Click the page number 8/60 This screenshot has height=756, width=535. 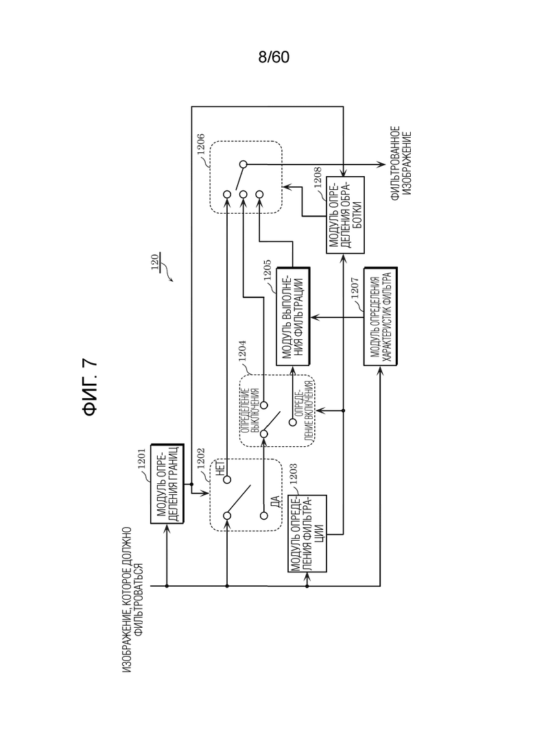coord(274,58)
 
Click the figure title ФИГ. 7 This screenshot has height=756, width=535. coord(90,388)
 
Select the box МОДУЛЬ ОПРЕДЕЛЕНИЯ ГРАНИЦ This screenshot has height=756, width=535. coord(167,484)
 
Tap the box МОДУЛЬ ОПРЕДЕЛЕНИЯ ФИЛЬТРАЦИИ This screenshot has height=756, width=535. coord(307,533)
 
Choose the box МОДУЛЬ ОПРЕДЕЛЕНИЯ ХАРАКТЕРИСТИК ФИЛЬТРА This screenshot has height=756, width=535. coord(380,316)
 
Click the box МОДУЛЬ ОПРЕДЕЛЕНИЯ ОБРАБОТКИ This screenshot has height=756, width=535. coord(345,215)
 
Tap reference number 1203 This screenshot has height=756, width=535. coord(293,474)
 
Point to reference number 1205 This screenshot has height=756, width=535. coord(267,271)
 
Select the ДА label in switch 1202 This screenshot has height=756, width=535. coord(276,502)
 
